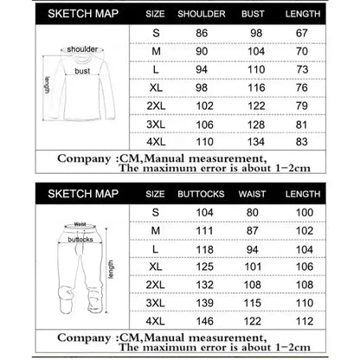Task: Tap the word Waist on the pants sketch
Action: [x=80, y=222]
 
